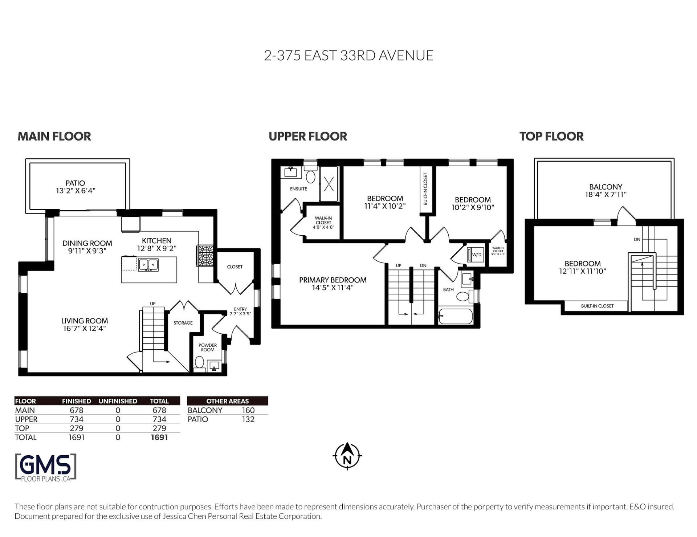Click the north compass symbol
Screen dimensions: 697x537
click(347, 456)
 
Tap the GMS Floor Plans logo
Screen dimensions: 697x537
click(46, 468)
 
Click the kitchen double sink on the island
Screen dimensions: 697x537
click(148, 265)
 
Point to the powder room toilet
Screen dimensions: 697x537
click(199, 363)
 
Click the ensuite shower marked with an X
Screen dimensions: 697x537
click(329, 184)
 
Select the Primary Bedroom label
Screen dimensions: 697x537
click(333, 280)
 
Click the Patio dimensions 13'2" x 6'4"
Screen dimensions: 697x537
click(76, 191)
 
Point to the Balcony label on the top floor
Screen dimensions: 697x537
click(606, 187)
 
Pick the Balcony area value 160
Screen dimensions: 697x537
click(248, 410)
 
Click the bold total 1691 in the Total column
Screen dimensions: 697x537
click(159, 438)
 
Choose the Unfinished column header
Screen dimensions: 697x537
click(118, 401)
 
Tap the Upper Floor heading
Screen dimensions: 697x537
click(308, 137)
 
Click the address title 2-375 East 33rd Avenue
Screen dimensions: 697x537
click(348, 56)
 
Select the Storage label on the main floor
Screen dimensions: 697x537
click(183, 323)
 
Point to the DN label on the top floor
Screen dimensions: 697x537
click(637, 239)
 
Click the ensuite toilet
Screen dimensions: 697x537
click(310, 175)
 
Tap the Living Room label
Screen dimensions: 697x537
click(85, 321)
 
